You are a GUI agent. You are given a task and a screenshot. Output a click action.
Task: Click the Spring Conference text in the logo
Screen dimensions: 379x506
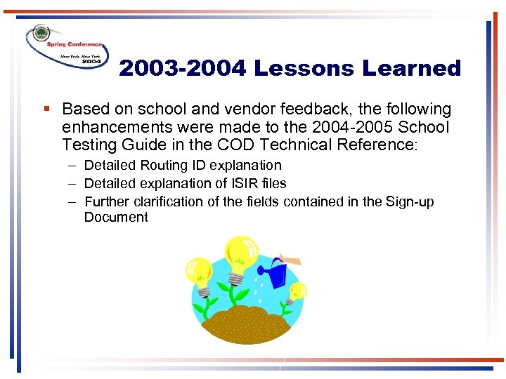[74, 44]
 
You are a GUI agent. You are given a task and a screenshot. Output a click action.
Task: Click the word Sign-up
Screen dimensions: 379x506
[410, 202]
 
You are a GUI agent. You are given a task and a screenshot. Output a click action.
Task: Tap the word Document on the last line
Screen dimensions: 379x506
[116, 218]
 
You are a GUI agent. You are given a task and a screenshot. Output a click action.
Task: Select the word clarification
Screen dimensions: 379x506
[168, 202]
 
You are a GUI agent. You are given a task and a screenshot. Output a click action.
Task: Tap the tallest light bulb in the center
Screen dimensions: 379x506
[240, 255]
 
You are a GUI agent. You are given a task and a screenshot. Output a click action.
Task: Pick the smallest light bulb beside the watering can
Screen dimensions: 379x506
[297, 291]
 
